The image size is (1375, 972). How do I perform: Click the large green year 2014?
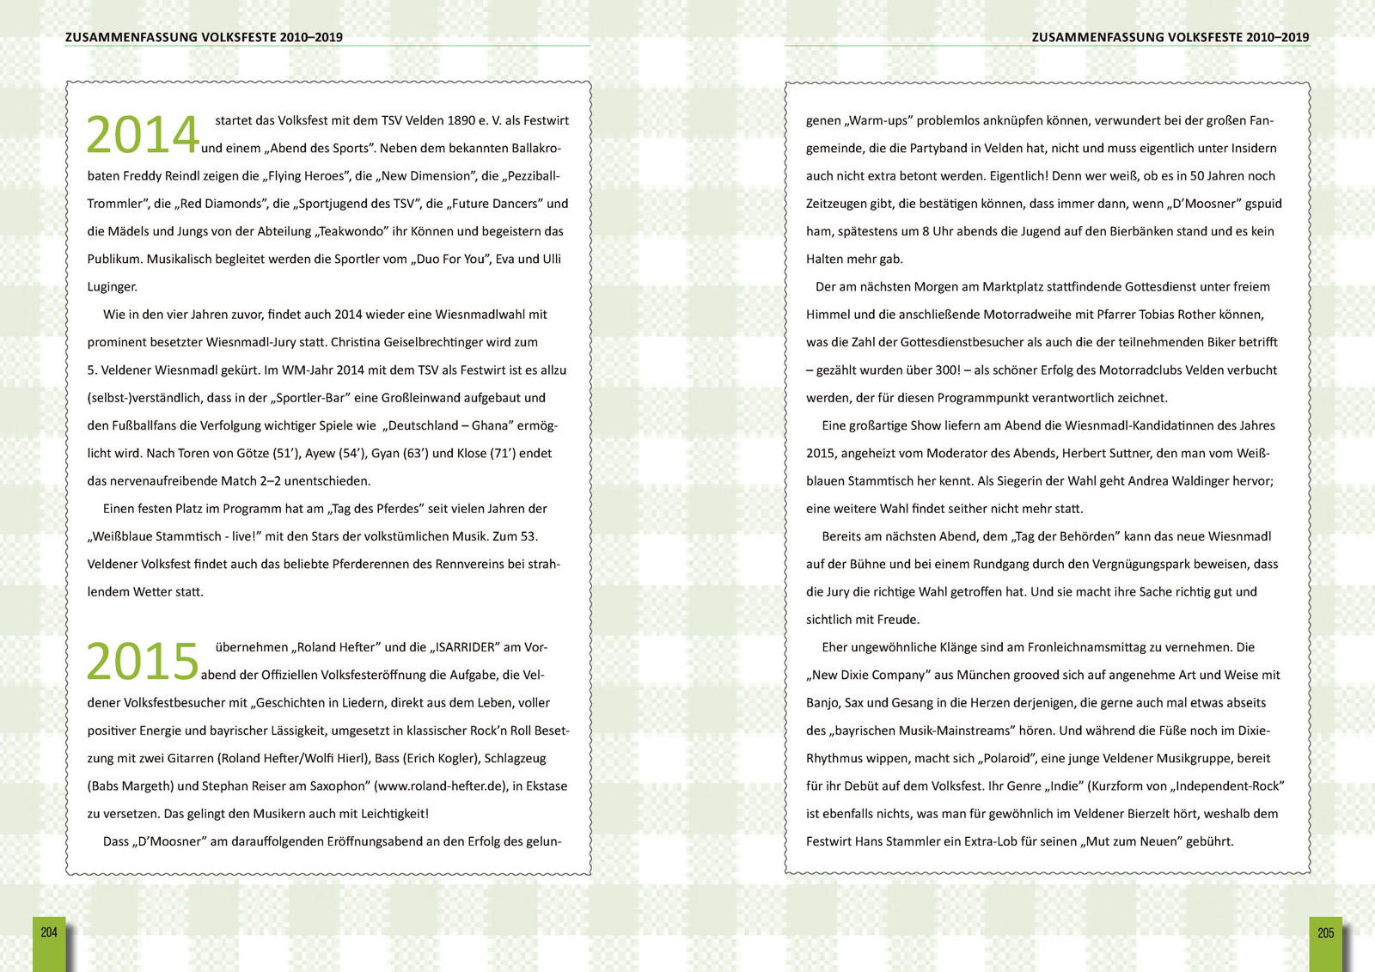[x=143, y=136]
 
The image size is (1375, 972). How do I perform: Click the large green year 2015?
[x=143, y=662]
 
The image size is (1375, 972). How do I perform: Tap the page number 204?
[x=49, y=933]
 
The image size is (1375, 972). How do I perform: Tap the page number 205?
[x=1325, y=933]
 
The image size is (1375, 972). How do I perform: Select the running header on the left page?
[x=204, y=37]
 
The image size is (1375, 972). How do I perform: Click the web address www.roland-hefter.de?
[x=440, y=786]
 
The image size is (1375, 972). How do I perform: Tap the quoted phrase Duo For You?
[x=450, y=260]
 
